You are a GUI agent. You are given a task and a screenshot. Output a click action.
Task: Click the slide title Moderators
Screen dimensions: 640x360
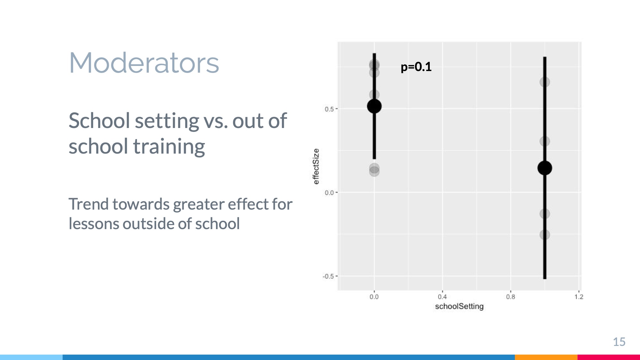click(144, 63)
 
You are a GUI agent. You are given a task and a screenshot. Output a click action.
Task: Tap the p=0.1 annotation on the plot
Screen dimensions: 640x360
click(416, 67)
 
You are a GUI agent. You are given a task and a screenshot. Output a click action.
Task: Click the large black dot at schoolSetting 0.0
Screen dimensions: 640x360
click(374, 106)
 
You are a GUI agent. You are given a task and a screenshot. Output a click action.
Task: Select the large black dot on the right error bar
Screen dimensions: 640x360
click(545, 168)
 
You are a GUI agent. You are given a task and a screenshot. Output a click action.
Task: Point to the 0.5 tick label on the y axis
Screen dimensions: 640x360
click(329, 109)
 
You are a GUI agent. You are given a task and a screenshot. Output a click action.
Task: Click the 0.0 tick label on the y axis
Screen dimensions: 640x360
click(329, 193)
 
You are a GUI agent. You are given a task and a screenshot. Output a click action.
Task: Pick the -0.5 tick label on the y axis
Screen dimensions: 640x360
click(328, 276)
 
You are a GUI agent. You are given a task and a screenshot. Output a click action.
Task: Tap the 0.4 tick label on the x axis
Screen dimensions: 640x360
click(442, 297)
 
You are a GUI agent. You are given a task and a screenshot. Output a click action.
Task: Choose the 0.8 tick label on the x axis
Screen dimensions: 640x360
click(510, 297)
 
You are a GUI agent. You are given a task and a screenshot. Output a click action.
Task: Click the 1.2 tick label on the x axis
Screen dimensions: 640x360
click(579, 297)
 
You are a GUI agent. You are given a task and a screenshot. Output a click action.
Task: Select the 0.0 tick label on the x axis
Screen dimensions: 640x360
click(374, 297)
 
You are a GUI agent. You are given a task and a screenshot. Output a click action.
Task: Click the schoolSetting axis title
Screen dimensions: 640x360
click(459, 307)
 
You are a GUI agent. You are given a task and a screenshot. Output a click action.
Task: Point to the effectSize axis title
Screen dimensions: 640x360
click(316, 166)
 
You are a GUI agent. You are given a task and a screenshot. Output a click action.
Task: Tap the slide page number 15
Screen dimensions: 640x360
click(619, 342)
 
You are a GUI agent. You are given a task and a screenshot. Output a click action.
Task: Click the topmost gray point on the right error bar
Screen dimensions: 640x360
click(545, 82)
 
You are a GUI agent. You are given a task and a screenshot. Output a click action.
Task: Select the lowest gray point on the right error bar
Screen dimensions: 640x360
click(545, 235)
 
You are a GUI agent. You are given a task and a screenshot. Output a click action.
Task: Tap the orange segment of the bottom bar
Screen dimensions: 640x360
click(546, 357)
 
